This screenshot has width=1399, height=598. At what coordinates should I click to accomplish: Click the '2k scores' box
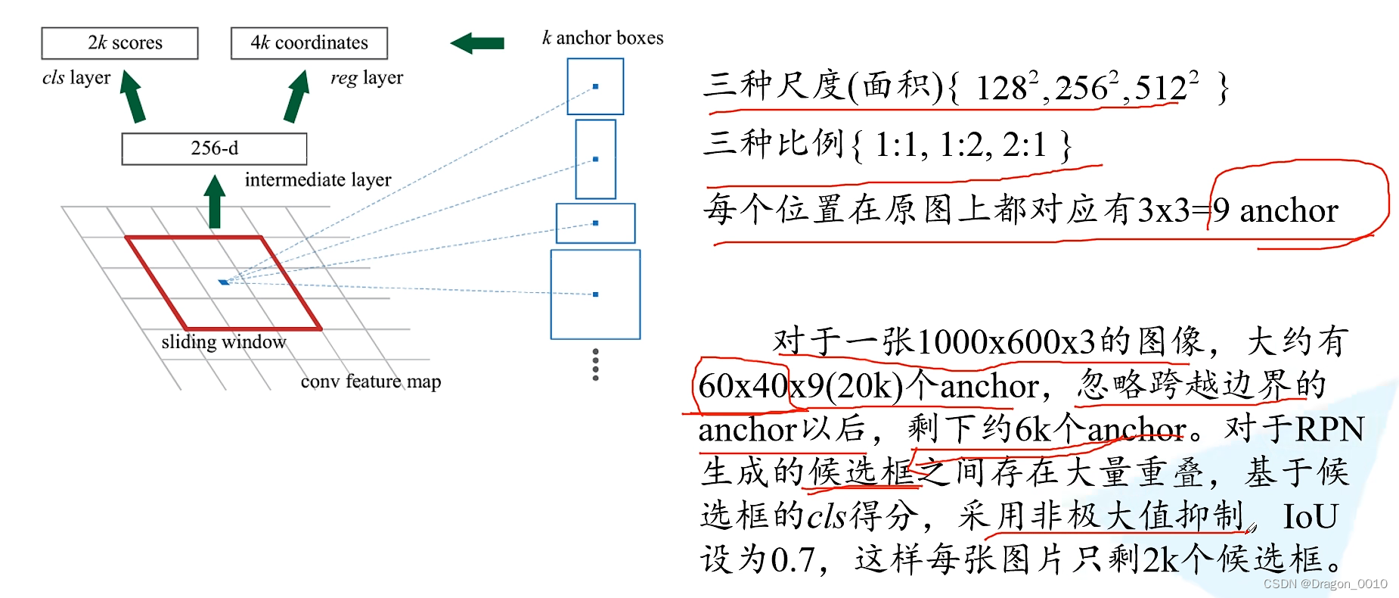(x=119, y=43)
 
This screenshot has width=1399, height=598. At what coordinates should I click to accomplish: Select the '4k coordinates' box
(x=309, y=43)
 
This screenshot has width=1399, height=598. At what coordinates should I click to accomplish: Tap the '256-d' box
(x=214, y=148)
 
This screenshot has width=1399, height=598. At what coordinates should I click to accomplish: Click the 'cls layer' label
(x=76, y=78)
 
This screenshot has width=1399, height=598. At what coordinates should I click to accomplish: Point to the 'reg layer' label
(x=367, y=78)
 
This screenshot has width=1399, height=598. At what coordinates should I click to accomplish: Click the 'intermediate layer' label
(x=318, y=180)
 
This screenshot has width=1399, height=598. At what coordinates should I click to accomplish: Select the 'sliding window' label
(x=224, y=342)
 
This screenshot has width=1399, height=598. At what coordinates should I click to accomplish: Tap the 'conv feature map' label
(x=371, y=382)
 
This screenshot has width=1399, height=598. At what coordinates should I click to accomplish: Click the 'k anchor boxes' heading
(x=603, y=38)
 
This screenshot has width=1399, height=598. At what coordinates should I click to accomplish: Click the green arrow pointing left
(x=477, y=43)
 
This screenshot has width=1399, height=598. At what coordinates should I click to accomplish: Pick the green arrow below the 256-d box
(x=215, y=202)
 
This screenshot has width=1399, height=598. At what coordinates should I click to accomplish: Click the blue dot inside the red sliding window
(x=223, y=282)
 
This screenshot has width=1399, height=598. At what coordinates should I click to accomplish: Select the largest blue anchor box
(x=595, y=294)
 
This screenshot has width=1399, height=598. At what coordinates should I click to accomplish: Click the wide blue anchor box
(x=595, y=223)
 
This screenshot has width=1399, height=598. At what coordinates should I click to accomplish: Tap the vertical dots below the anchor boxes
(x=596, y=365)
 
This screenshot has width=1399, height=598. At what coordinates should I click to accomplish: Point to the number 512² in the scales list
(x=1165, y=87)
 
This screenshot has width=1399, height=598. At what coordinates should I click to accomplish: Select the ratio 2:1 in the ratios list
(x=1025, y=144)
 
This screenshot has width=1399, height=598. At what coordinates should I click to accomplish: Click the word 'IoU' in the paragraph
(x=1311, y=517)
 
